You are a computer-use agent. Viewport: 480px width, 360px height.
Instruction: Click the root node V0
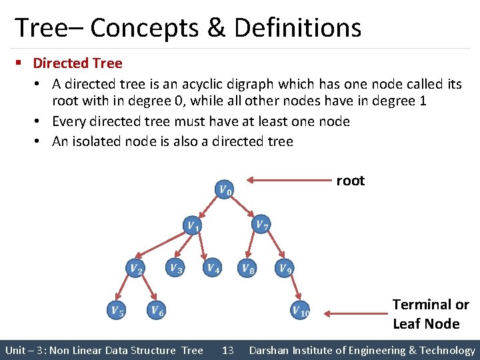[225, 190]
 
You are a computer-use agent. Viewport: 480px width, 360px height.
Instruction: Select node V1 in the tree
[192, 226]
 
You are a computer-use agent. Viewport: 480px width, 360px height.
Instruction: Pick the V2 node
[135, 269]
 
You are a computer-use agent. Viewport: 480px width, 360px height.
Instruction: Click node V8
[247, 269]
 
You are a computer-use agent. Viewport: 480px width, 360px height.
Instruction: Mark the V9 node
[285, 269]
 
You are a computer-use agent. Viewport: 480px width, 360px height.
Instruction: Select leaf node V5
[117, 310]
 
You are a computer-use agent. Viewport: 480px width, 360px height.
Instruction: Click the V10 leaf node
[300, 311]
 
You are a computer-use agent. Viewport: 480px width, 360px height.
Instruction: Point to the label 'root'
[350, 181]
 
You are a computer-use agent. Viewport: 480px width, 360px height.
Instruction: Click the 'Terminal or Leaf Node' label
[430, 314]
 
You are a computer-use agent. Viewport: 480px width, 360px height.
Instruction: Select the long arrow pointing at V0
[289, 179]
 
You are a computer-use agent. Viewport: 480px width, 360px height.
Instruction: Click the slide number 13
[227, 350]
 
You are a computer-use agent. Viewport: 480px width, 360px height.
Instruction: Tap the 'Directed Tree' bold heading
[77, 63]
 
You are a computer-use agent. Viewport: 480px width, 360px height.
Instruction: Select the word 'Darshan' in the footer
[269, 350]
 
